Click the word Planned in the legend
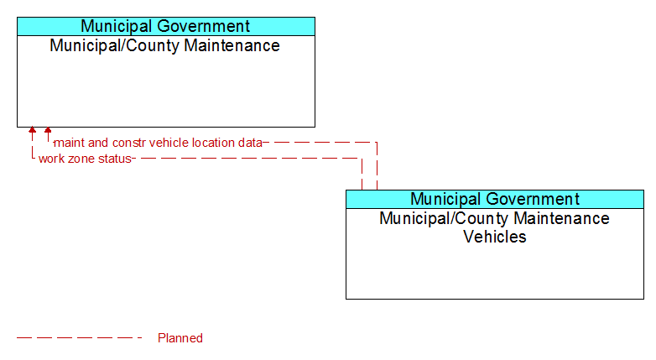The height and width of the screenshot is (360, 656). [x=180, y=338]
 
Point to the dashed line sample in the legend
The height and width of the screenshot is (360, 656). [x=80, y=337]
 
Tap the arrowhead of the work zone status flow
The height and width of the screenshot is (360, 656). [x=32, y=130]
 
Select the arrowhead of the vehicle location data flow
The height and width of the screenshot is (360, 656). [x=48, y=130]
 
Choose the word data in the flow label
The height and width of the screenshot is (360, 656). [x=250, y=143]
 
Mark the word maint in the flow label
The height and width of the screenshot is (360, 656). [x=70, y=143]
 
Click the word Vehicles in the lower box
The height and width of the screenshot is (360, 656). [x=495, y=237]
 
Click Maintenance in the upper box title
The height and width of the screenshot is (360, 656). [x=232, y=45]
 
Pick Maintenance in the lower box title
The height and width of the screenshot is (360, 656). [x=561, y=218]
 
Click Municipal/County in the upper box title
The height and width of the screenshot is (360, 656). [x=115, y=45]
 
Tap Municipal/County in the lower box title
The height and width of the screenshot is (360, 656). [x=445, y=218]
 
